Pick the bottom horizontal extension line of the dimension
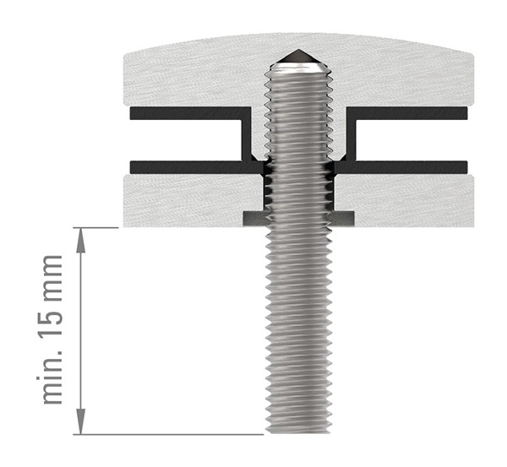point(169,435)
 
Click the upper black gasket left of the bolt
point(186,112)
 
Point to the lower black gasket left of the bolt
point(186,164)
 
